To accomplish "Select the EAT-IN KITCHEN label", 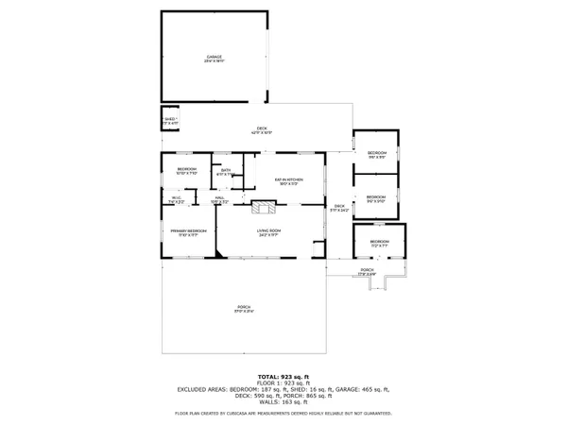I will [x=287, y=180].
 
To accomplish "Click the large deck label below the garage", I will [x=262, y=131].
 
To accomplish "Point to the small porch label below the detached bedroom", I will [x=367, y=273].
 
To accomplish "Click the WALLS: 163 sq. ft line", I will [x=283, y=401].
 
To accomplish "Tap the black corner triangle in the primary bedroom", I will [x=219, y=253].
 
